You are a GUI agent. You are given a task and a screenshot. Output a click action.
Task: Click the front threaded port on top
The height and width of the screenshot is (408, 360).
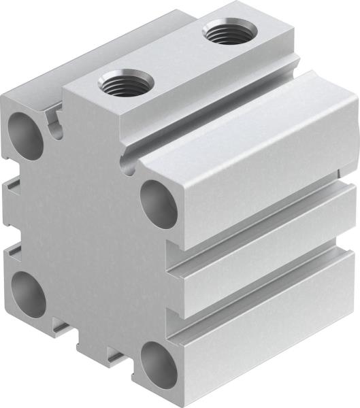point(127,84)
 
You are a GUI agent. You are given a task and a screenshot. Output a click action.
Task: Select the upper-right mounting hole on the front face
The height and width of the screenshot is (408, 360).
point(159,203)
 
